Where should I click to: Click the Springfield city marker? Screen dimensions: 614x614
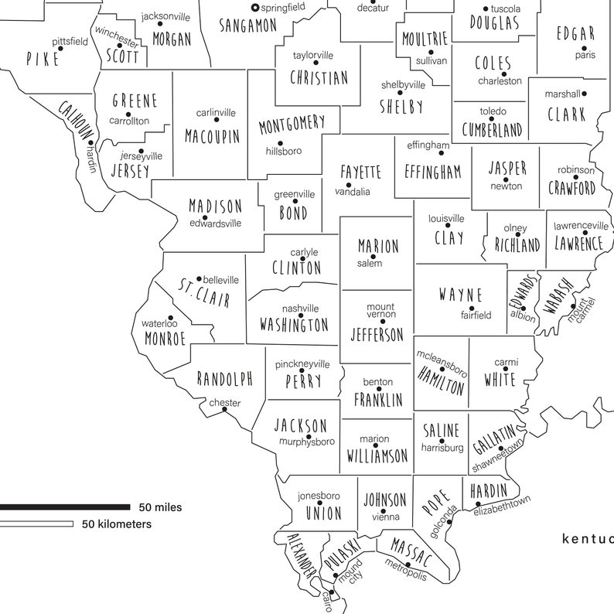pyautogui.click(x=255, y=8)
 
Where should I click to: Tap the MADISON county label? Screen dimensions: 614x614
pyautogui.click(x=215, y=207)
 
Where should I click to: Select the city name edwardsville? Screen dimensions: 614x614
pyautogui.click(x=215, y=223)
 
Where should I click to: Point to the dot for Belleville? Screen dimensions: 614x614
pyautogui.click(x=199, y=279)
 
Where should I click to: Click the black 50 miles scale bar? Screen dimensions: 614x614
pyautogui.click(x=65, y=507)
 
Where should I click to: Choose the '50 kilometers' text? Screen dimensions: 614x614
pyautogui.click(x=117, y=524)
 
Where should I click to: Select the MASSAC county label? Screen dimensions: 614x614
pyautogui.click(x=411, y=553)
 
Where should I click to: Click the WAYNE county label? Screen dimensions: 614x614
pyautogui.click(x=460, y=295)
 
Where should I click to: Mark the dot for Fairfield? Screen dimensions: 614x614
pyautogui.click(x=472, y=308)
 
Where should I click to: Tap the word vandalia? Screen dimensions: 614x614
pyautogui.click(x=353, y=192)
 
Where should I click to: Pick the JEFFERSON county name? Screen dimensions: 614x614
pyautogui.click(x=377, y=335)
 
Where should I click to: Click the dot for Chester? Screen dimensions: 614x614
pyautogui.click(x=225, y=410)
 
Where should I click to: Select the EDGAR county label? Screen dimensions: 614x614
pyautogui.click(x=576, y=34)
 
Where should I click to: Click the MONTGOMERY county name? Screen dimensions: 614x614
pyautogui.click(x=292, y=125)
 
